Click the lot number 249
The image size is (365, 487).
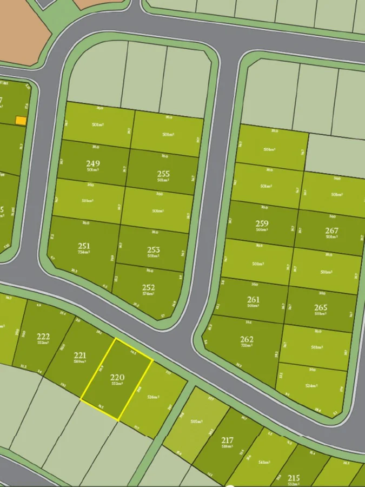pos(93,163)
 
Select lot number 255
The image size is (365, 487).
pos(163,174)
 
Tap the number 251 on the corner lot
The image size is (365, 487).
pos(84,246)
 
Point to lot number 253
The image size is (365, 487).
pos(154,249)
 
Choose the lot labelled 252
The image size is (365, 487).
pos(148,287)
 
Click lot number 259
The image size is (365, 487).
pos(262,223)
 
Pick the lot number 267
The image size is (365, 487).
pos(331,231)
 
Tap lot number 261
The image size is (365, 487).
pos(253,299)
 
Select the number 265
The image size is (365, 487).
pos(321,307)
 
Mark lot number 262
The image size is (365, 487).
pos(247,339)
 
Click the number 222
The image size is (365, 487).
pos(43,337)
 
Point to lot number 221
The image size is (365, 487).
pos(79,356)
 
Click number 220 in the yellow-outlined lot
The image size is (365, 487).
pos(117,377)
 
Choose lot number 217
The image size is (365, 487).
pos(227,440)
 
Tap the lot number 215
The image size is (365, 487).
pos(294,478)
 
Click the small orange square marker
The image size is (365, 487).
pos(21,121)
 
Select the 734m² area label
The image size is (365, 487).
pos(84,253)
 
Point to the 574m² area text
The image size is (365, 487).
pos(148,294)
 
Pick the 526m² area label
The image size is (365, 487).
pos(154,397)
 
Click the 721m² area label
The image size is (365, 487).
pos(247,346)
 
